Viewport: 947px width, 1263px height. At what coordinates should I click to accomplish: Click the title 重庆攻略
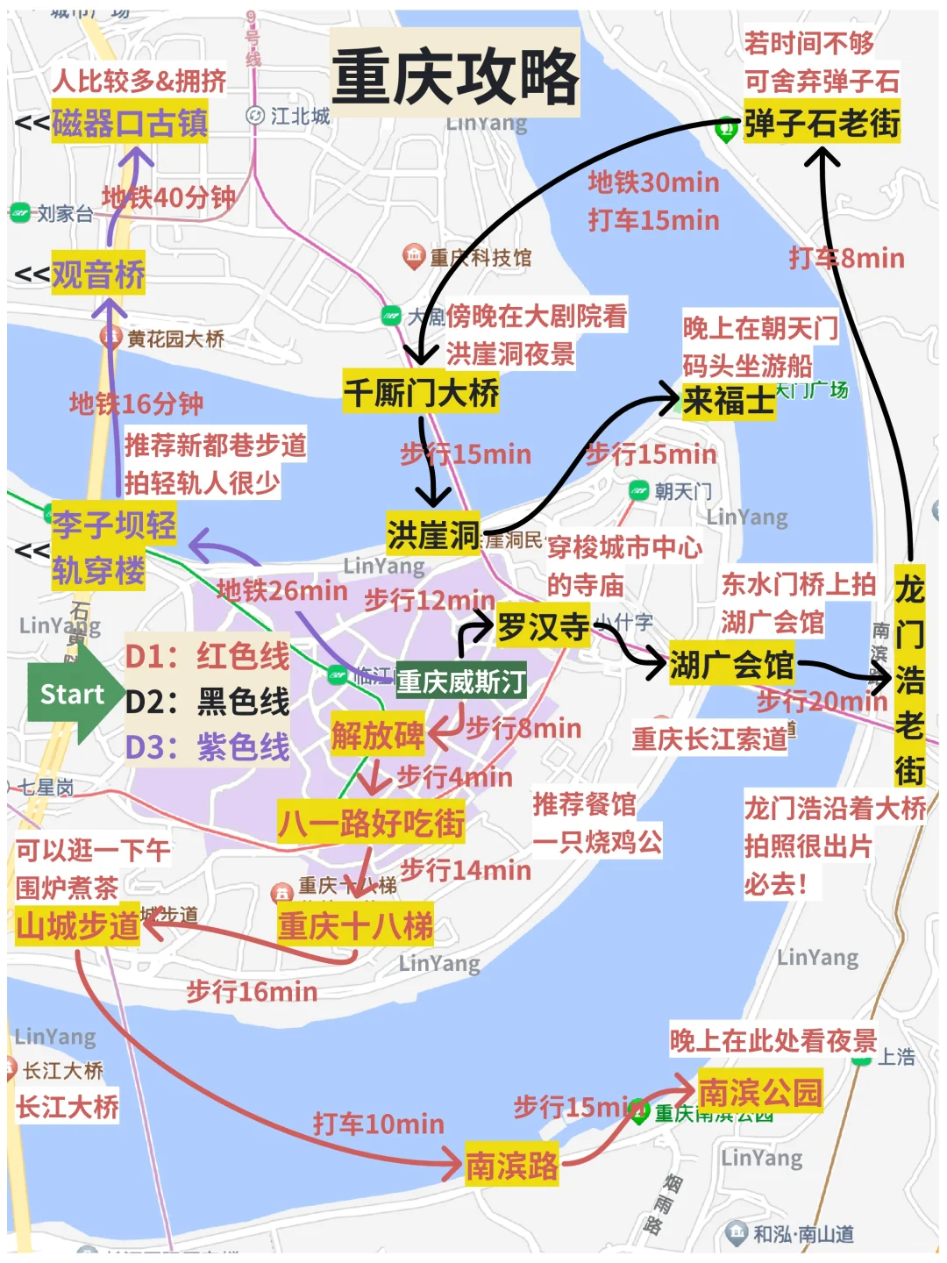(455, 76)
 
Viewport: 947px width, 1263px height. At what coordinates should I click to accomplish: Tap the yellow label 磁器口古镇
(130, 123)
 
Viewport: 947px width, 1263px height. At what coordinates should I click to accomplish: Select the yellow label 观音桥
(98, 275)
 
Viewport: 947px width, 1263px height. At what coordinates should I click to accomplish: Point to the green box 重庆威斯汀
(461, 681)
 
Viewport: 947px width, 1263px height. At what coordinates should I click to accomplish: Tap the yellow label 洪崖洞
(433, 533)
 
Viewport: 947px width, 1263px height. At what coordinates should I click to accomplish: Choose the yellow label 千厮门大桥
(421, 392)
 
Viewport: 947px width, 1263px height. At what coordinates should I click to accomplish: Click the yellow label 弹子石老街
(822, 123)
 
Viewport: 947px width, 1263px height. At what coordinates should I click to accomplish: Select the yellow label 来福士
(729, 401)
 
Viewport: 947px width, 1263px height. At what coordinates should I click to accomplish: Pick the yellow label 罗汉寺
(544, 626)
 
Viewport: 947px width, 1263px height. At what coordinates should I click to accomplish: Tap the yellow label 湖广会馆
(732, 664)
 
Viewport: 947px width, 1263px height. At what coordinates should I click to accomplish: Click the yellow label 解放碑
(377, 735)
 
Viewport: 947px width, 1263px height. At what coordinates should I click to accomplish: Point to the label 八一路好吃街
(371, 823)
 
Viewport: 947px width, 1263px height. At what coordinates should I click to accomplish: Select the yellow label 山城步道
(78, 925)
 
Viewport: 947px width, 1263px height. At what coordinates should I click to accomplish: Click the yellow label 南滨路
(512, 1166)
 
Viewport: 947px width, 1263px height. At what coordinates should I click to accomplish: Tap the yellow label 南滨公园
(760, 1092)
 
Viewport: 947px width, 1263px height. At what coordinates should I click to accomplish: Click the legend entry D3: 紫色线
(208, 747)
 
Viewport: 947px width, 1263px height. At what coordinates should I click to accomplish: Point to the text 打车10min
(379, 1124)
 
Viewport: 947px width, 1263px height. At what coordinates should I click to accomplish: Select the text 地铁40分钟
(168, 197)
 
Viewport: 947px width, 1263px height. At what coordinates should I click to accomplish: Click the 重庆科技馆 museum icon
(414, 257)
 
